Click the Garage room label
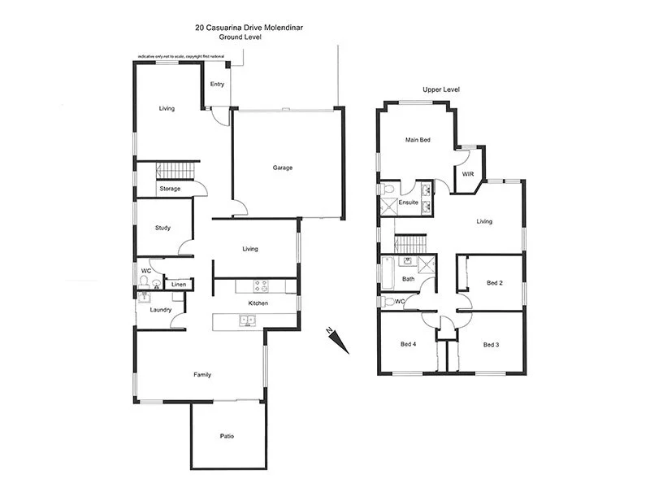(282, 168)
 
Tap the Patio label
(227, 437)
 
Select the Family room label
(202, 375)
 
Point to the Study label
(162, 228)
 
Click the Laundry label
(160, 309)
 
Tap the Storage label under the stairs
(170, 189)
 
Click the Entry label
(217, 84)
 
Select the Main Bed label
(418, 140)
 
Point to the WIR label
(468, 174)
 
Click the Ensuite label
(408, 202)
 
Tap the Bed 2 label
(495, 283)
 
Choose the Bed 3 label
(491, 345)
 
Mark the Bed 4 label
(409, 345)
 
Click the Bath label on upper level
(408, 279)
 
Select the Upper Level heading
(441, 89)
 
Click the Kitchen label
(258, 303)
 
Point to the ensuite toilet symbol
(388, 190)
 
